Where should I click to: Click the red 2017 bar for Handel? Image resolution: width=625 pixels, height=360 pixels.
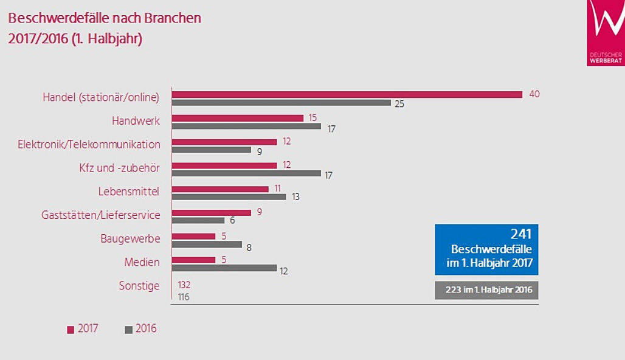point(347,94)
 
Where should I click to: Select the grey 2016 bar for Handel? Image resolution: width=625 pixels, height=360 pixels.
point(281,103)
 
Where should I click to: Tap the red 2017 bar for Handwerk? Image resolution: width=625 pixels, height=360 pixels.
point(238,118)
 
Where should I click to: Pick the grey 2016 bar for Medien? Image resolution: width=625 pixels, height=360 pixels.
point(224,268)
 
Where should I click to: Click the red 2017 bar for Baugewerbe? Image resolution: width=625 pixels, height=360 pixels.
point(194,236)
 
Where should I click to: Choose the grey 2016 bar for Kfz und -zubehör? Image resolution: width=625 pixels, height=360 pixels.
point(246,173)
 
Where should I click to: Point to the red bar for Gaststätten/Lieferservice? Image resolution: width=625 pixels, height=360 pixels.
point(212,212)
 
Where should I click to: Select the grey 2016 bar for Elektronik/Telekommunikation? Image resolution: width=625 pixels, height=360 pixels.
point(212,150)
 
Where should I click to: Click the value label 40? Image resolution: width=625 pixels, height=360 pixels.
point(534,94)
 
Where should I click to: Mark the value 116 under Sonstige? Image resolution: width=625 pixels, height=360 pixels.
point(183,296)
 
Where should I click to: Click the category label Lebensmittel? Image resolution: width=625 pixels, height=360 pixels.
point(129,192)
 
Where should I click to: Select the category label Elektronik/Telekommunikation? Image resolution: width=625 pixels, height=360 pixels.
point(89,144)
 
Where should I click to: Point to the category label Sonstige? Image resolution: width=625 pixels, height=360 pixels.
point(139,286)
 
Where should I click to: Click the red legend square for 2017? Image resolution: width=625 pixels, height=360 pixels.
point(71,330)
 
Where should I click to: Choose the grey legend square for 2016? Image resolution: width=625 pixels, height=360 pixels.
point(128,330)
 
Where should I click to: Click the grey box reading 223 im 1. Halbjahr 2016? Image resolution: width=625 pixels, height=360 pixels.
point(486,290)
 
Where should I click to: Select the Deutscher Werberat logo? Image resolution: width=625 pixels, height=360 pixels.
point(606,32)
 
